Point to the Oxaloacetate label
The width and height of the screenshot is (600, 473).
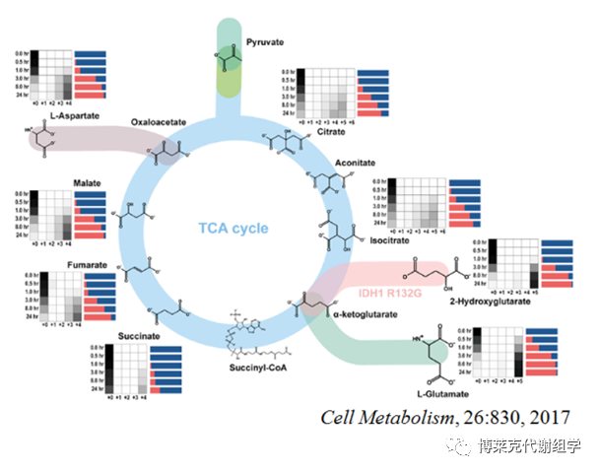click(160, 123)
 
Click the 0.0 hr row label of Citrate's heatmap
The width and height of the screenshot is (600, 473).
click(287, 73)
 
